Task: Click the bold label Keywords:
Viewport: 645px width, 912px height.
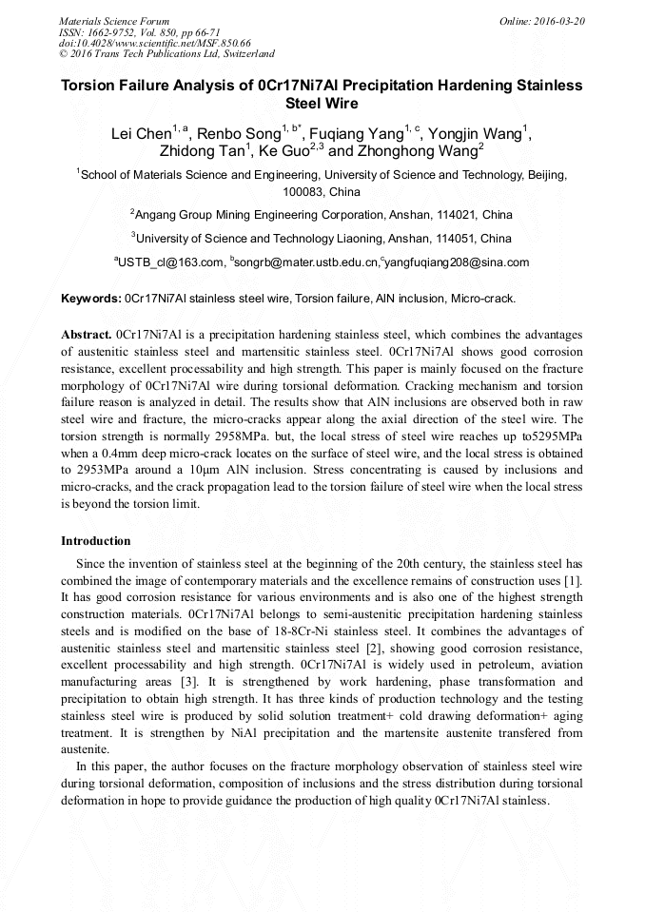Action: click(x=91, y=299)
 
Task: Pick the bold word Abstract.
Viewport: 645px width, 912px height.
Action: click(x=86, y=336)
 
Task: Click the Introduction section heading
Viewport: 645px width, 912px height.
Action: click(x=96, y=541)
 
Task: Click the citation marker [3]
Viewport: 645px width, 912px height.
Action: click(x=188, y=683)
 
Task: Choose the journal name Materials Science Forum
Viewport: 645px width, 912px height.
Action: click(x=114, y=21)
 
